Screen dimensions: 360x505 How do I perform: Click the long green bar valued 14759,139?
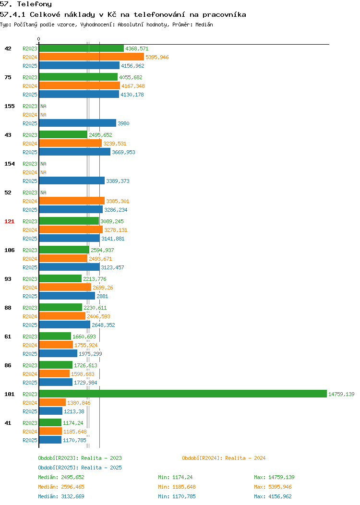183,394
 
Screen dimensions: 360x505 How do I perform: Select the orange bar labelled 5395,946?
92,57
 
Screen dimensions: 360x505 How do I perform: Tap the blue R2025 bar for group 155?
78,123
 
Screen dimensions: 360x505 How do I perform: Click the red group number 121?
9,221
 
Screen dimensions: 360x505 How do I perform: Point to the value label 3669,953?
124,152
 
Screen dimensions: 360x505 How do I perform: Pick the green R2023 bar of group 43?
63,134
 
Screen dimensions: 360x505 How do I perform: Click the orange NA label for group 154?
44,172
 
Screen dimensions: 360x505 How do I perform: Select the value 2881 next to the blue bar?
102,296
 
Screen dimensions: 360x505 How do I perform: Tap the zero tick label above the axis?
39,39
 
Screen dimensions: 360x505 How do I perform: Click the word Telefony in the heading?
34,4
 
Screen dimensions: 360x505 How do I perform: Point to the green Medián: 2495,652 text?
61,477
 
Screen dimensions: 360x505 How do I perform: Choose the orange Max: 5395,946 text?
273,487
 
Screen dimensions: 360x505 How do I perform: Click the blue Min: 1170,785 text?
177,496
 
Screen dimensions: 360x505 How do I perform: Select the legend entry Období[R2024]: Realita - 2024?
224,458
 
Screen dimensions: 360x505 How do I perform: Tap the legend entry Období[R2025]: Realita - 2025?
80,468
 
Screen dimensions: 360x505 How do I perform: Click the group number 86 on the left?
8,365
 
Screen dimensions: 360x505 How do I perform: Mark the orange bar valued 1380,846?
52,402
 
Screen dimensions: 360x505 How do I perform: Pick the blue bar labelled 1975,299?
58,353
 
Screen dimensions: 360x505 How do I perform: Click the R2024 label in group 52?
30,201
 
